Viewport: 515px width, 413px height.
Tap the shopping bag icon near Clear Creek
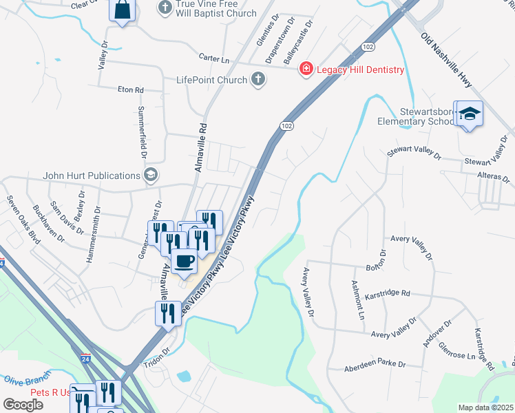122,11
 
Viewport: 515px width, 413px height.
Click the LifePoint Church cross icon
258,80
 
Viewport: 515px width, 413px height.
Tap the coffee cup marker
185,260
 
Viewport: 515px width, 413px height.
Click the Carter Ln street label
213,59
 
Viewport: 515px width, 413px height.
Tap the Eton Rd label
130,90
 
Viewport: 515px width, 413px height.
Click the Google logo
23,404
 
